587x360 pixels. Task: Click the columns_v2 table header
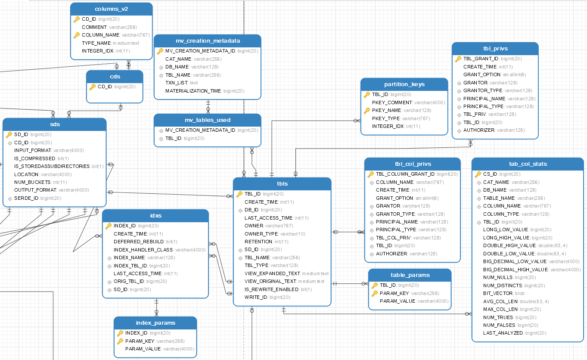tap(111, 9)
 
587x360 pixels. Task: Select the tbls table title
tap(282, 184)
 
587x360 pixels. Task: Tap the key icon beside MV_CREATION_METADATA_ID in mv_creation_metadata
tap(160, 51)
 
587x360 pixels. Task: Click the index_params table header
tap(155, 323)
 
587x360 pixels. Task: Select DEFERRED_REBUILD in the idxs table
tap(139, 242)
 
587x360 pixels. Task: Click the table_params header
tap(410, 275)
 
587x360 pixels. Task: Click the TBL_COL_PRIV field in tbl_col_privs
tap(394, 238)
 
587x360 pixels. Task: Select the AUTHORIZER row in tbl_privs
tap(479, 130)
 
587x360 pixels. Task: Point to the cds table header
tap(115, 77)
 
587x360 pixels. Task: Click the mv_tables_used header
tap(207, 120)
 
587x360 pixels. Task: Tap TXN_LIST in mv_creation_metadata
tap(177, 83)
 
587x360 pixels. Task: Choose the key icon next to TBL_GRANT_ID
tap(458, 59)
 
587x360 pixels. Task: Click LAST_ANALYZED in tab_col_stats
tap(503, 333)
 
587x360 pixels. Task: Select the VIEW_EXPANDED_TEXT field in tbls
tap(273, 273)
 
